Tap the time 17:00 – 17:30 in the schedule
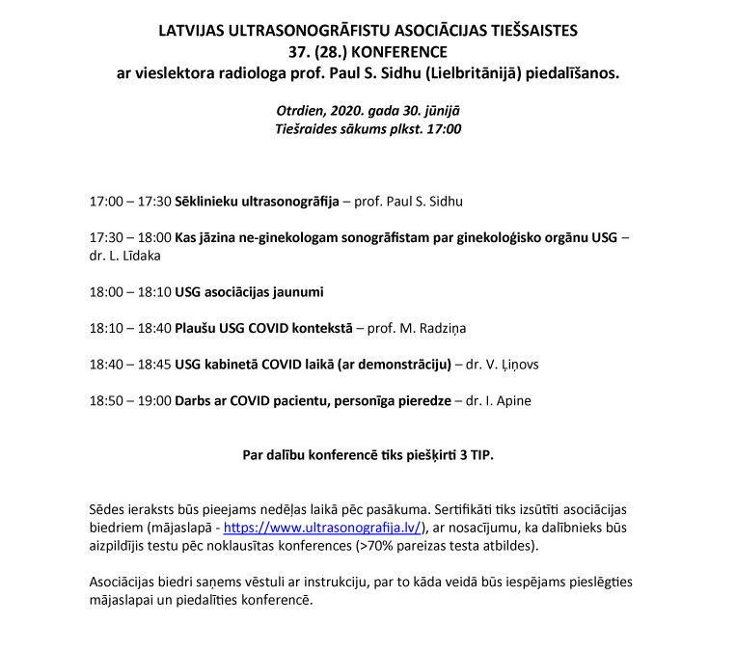[x=129, y=202]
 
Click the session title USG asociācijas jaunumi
[x=249, y=291]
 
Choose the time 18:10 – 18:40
[x=129, y=328]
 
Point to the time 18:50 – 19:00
[x=129, y=399]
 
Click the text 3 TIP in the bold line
[x=473, y=454]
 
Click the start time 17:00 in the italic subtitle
[x=442, y=128]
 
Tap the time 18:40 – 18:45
[x=129, y=364]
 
